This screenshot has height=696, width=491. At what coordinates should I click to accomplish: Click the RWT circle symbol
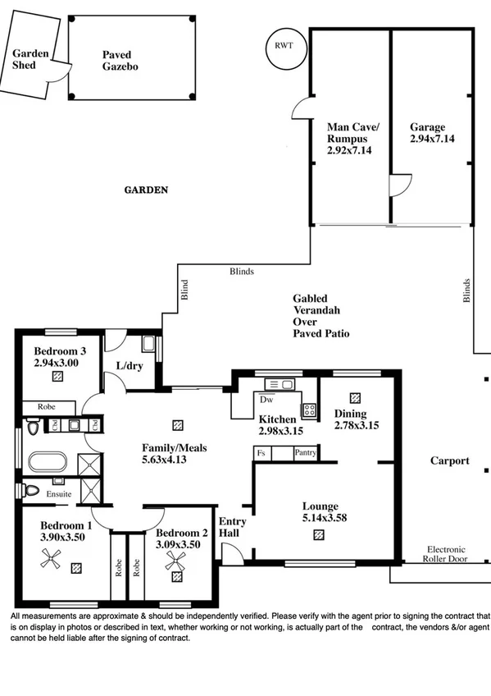tap(284, 45)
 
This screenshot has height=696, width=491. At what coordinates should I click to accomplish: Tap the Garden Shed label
tap(30, 59)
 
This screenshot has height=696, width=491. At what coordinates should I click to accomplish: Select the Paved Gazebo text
tap(120, 60)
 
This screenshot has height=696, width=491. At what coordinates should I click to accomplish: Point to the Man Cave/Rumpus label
tap(353, 133)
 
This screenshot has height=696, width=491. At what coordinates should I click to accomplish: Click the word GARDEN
tap(146, 190)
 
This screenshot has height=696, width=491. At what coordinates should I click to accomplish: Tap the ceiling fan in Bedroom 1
tap(52, 560)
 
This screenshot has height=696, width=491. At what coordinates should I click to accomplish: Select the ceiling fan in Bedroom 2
tap(175, 562)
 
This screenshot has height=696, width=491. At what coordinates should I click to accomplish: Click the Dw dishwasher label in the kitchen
tap(266, 401)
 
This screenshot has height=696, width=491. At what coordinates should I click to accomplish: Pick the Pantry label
tap(305, 452)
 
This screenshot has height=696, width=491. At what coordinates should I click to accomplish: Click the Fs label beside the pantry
tap(261, 452)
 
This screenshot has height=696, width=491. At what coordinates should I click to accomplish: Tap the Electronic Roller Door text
tap(445, 555)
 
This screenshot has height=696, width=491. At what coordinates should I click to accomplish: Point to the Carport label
tap(450, 460)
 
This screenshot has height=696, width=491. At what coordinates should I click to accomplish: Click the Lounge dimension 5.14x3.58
tap(319, 518)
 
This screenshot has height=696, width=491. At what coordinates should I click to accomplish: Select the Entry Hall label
tap(230, 528)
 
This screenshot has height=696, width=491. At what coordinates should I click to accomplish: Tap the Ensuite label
tap(58, 494)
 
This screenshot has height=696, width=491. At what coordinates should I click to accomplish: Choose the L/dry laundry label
tap(130, 366)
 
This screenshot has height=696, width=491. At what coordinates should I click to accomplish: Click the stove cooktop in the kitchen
tap(309, 410)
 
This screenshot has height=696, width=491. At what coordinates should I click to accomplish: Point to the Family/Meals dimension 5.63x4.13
tap(173, 460)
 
